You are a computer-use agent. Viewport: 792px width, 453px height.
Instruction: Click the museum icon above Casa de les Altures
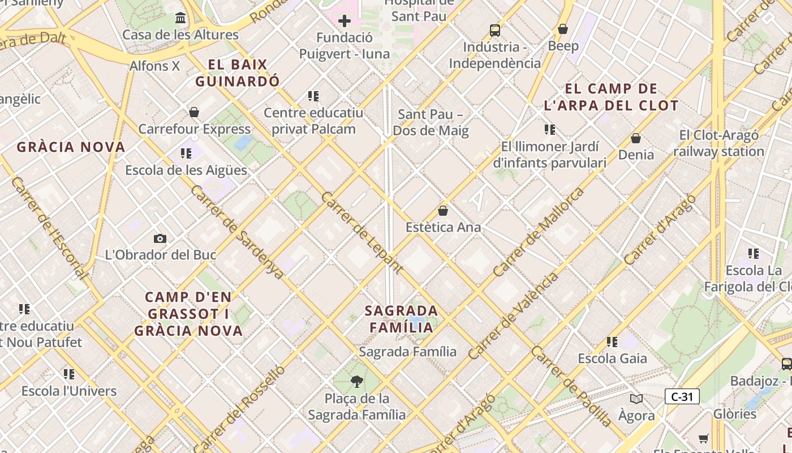coord(180,18)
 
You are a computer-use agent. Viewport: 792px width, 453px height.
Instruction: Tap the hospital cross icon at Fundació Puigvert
coord(344,22)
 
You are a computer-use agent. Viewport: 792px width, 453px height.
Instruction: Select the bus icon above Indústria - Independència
coord(495,30)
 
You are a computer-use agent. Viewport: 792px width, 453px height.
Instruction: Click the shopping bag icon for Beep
coord(563,29)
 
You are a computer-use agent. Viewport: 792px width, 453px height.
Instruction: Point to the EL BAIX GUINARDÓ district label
coord(238,73)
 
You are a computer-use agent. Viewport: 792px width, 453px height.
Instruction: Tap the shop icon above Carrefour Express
coord(194,112)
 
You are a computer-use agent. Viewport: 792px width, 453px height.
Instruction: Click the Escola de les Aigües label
coord(186,170)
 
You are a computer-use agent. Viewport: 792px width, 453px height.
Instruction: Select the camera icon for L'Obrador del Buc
coord(160,239)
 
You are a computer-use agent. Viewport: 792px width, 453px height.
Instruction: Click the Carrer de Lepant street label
coord(362,233)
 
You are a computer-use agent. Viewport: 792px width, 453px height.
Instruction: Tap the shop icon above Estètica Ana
coord(443,211)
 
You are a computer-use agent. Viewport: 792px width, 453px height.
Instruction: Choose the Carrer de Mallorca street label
coord(539,232)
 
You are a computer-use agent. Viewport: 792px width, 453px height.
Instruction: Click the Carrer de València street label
coord(513,317)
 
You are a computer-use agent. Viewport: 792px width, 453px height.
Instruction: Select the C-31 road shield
coord(682,396)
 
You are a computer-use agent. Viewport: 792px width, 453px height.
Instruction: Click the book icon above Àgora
coord(636,399)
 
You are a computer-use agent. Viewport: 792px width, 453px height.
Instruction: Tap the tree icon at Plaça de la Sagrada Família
coord(356,382)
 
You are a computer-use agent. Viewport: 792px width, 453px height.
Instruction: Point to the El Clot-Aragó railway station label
coord(718,143)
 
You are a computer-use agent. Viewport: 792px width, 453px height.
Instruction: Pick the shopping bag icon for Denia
coord(636,138)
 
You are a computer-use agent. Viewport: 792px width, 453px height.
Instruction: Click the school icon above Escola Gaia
coord(612,342)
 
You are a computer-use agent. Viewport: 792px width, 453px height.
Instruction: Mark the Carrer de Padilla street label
coord(571,386)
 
